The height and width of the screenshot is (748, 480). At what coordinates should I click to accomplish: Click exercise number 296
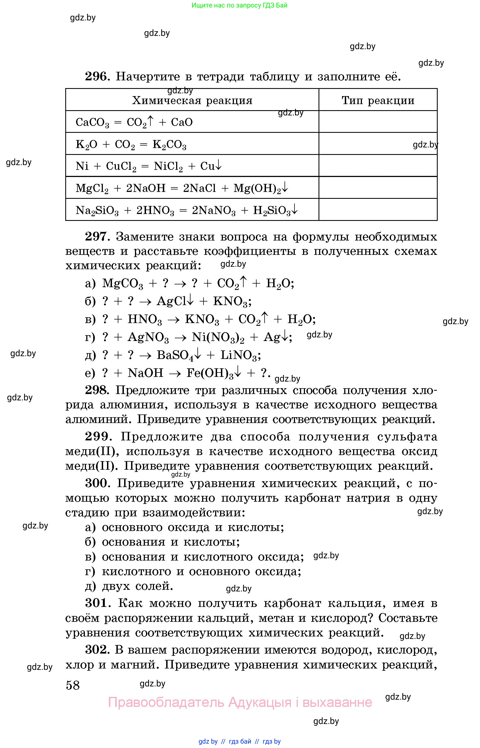click(97, 76)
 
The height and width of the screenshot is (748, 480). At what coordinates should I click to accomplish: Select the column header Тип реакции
click(378, 101)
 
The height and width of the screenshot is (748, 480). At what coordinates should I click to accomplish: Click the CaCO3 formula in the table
click(92, 122)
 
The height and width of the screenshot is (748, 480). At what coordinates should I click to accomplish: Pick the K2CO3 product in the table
click(169, 145)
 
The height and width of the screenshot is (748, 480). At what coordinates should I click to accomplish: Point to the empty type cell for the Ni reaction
click(378, 166)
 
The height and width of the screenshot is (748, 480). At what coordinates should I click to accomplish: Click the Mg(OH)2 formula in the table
click(257, 188)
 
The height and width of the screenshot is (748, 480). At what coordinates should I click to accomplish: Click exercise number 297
click(97, 237)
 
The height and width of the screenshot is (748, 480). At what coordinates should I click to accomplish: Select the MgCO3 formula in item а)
click(122, 284)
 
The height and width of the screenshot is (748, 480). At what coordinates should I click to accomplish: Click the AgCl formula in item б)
click(171, 301)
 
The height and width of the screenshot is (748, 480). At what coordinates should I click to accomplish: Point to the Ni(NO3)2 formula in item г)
click(218, 337)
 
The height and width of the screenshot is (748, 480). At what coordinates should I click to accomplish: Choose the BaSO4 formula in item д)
click(175, 355)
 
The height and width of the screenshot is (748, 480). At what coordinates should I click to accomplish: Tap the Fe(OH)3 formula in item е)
click(210, 373)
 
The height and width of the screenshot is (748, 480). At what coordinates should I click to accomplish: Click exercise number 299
click(98, 437)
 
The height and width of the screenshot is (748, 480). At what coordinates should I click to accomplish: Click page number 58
click(73, 685)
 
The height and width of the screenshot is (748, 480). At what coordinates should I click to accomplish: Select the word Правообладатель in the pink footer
click(166, 702)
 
